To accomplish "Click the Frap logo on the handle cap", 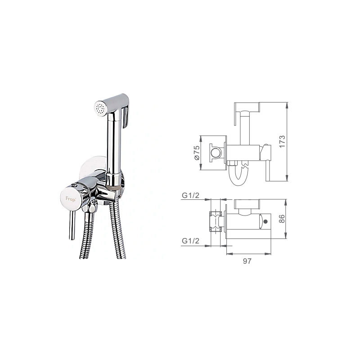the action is click(x=71, y=199).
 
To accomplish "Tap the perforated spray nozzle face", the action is click(x=99, y=108).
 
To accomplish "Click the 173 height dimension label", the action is click(x=283, y=141).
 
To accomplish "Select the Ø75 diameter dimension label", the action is click(x=197, y=153).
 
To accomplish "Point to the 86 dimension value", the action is click(x=282, y=219).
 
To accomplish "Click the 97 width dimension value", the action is click(x=247, y=261).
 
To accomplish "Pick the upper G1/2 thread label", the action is click(x=190, y=195).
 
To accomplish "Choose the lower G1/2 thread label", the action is click(x=190, y=241).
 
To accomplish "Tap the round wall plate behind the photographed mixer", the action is click(x=92, y=167).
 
